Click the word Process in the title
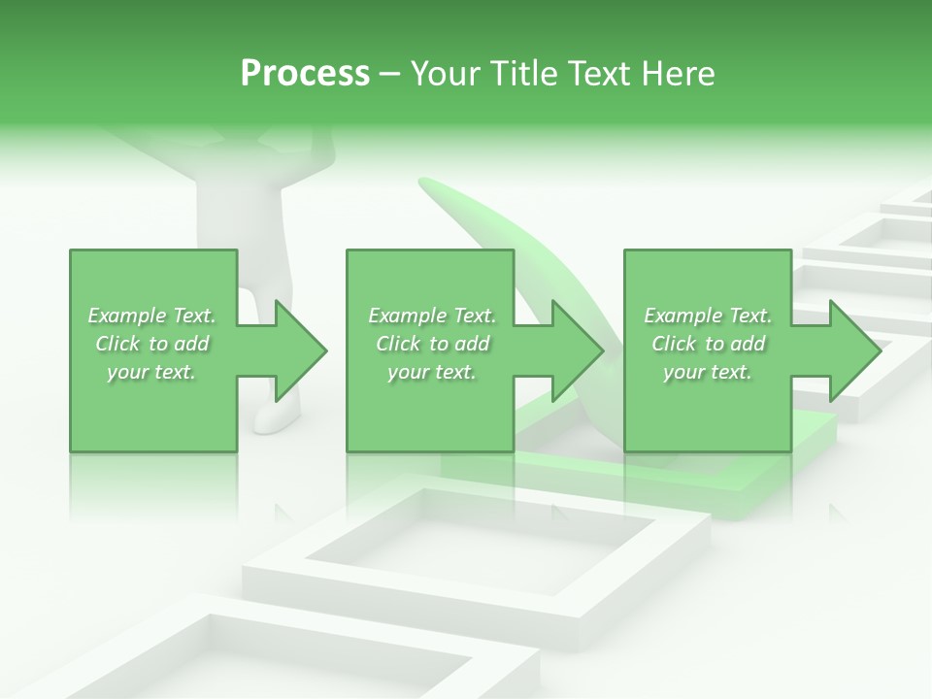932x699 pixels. pos(305,74)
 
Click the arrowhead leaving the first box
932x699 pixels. pos(301,350)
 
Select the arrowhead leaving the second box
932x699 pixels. pos(578,350)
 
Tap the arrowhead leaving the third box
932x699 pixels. pos(854,350)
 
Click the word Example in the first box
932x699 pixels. pos(126,316)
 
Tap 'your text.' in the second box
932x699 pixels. pos(431,373)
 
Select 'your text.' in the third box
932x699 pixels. pos(707,373)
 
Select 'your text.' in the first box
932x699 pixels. pos(150,373)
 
